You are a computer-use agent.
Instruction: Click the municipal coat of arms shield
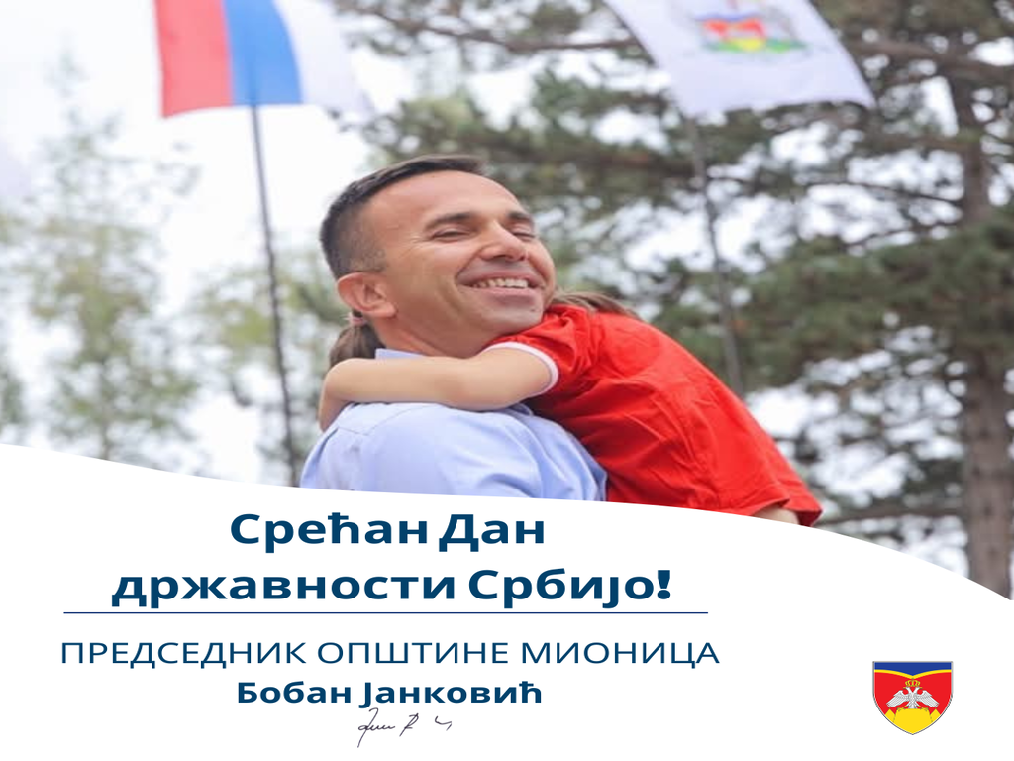coord(912,696)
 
